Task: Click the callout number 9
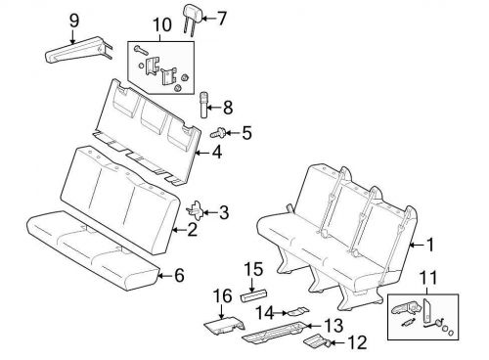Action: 74,22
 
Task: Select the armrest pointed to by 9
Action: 78,50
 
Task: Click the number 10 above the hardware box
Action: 162,25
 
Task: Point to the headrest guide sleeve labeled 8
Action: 203,106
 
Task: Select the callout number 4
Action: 216,152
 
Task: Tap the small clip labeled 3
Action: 197,209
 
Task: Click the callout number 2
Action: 192,230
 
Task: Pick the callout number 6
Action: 179,276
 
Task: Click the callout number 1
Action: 430,245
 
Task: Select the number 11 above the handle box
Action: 427,278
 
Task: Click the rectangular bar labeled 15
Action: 253,295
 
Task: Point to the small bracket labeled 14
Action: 298,312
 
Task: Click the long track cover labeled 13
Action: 275,332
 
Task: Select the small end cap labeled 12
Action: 316,340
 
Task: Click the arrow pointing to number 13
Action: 313,326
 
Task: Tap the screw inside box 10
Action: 141,50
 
